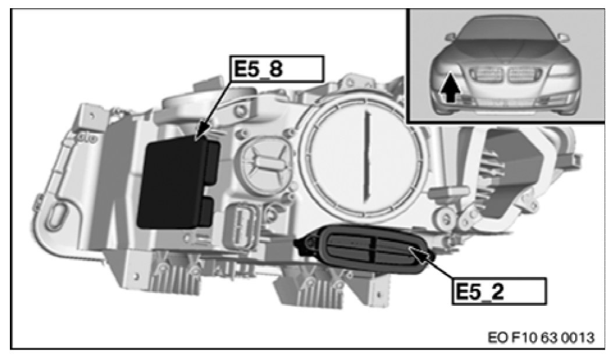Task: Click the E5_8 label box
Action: click(x=277, y=69)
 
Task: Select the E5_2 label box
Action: click(x=498, y=291)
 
